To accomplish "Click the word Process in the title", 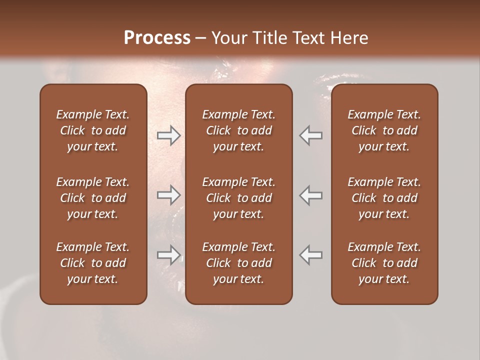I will (157, 38).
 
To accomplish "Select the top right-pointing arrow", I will (169, 135).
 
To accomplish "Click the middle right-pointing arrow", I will (169, 195).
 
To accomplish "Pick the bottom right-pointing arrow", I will (169, 255).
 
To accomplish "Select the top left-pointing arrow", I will (310, 135).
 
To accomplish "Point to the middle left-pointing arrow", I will (310, 195).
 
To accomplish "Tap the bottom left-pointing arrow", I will (310, 255).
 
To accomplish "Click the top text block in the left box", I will (93, 130).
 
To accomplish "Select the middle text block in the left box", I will (93, 198).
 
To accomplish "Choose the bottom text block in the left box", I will (93, 263).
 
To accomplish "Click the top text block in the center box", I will (238, 130).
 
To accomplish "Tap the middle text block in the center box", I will (238, 198).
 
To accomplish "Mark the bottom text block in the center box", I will (238, 263).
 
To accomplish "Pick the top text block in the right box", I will (384, 130).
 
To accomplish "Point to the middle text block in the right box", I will (384, 198).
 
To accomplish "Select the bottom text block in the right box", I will (384, 263).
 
